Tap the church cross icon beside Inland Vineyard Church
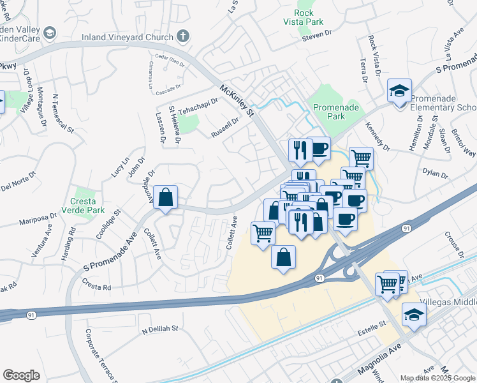coord(182,36)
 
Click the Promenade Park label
coord(335,112)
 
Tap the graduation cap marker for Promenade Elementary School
coord(399,91)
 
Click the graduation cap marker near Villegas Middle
coord(414,315)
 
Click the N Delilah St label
coord(161,330)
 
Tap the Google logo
coord(21,375)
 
